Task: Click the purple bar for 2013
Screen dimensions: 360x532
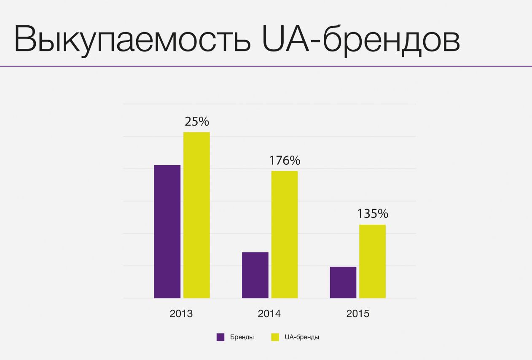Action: tap(167, 231)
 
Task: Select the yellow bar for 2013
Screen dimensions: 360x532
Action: tap(196, 215)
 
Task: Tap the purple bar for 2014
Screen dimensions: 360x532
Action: tap(255, 275)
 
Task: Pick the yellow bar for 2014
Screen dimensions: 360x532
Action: tap(285, 234)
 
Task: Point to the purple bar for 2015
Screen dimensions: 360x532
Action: tap(343, 282)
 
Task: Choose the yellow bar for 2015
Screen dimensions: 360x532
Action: tap(372, 261)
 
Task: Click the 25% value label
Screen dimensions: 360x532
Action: tap(197, 122)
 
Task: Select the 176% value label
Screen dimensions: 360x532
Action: tap(285, 161)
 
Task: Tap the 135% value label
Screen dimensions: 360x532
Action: tap(373, 214)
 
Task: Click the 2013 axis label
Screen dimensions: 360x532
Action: tap(181, 314)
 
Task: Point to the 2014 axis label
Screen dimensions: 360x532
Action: tap(269, 314)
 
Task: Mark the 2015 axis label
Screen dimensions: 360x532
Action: tap(357, 314)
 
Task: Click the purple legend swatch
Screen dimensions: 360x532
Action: tap(220, 337)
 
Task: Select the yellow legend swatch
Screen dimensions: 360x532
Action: tap(275, 337)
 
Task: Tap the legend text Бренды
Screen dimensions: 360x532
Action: tap(242, 337)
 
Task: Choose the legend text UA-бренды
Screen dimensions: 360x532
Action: tap(302, 337)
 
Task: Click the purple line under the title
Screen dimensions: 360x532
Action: tap(266, 66)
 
